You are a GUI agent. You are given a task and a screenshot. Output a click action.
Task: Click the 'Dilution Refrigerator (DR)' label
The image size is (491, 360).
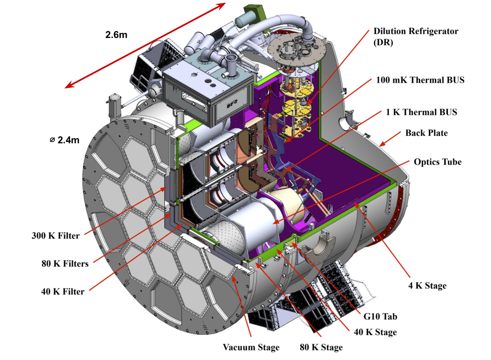(x=415, y=37)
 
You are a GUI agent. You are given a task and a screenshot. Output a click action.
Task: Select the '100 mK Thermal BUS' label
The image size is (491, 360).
(x=420, y=80)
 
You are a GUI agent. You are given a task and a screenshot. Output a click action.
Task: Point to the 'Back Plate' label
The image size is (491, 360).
(x=426, y=133)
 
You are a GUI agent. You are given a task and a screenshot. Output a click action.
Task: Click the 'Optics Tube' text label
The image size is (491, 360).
(x=437, y=162)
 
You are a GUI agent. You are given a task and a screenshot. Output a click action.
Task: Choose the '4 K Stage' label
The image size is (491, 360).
(x=427, y=286)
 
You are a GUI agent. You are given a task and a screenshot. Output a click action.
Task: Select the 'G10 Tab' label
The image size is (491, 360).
(x=380, y=316)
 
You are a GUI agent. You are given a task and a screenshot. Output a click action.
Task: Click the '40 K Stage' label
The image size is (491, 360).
(x=375, y=332)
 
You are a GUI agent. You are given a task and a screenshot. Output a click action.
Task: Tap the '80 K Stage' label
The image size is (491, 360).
(x=321, y=347)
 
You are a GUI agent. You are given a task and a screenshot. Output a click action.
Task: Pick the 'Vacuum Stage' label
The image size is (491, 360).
(x=251, y=347)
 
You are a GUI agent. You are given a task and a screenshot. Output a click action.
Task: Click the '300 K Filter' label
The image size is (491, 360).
(x=55, y=235)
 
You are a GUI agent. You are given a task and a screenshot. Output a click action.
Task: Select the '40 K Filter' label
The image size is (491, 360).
(x=57, y=291)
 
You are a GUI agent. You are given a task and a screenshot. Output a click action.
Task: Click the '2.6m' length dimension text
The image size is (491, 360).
(x=116, y=35)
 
